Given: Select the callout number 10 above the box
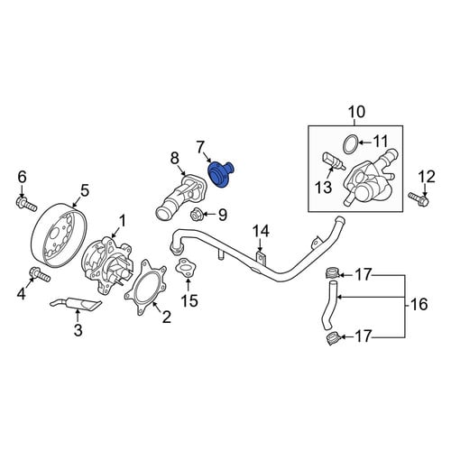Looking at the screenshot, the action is click(x=357, y=112).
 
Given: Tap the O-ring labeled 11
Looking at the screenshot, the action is click(x=351, y=144).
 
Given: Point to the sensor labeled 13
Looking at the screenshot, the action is click(x=334, y=161).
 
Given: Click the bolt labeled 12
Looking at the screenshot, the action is click(x=419, y=198).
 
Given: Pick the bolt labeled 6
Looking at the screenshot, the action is click(x=26, y=204).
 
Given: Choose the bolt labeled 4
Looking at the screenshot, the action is click(x=40, y=274).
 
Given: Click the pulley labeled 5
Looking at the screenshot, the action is click(x=59, y=235).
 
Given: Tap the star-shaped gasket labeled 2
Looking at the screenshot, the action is click(x=146, y=287).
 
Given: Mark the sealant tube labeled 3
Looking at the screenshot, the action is click(x=76, y=303).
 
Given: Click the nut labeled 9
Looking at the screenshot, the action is click(x=196, y=214).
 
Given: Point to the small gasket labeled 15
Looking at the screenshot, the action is click(x=186, y=267).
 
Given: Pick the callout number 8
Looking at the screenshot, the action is click(x=175, y=158).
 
